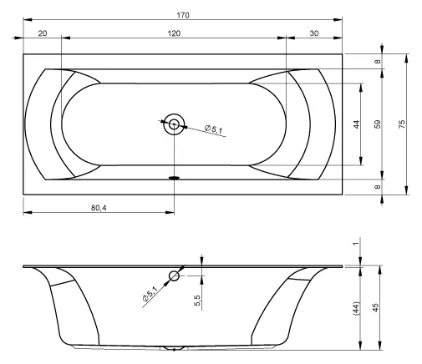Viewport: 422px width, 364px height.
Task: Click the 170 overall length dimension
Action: click(x=183, y=15)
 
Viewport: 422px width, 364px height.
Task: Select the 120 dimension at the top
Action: click(x=174, y=33)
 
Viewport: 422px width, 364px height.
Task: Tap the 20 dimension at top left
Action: click(x=43, y=33)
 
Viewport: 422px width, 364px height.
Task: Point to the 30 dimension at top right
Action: click(x=314, y=33)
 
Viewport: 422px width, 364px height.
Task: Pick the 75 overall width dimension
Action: click(x=402, y=124)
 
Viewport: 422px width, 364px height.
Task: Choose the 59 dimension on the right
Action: click(x=377, y=124)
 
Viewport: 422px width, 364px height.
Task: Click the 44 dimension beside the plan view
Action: click(x=357, y=124)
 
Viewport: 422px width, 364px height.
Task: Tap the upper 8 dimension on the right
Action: click(x=377, y=62)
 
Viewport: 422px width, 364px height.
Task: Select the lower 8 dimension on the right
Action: click(x=377, y=187)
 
